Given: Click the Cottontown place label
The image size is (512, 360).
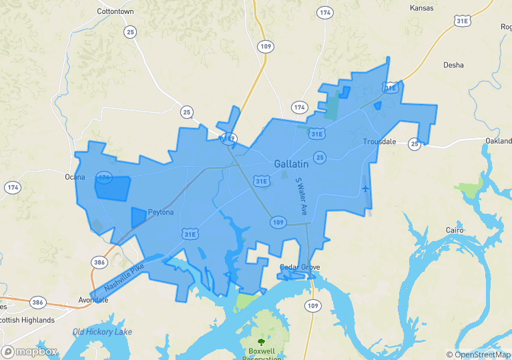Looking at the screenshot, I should tap(115, 12).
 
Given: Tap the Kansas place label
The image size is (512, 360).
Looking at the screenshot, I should tap(421, 8).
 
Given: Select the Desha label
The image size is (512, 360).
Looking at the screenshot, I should tap(453, 65).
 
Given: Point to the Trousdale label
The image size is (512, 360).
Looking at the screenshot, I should tap(379, 142).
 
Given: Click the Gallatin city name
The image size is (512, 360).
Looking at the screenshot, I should tap(291, 164).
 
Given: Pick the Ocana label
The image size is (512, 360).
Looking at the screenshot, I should tap(75, 177).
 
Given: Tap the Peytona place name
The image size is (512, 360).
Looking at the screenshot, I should tap(161, 212).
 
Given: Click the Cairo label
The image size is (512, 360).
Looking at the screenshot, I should tap(455, 230).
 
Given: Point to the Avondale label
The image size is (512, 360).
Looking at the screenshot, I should tap(93, 300).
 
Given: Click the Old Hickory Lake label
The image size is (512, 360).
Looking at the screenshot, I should tap(102, 332).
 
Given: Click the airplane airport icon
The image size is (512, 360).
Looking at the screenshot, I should tap(364, 188).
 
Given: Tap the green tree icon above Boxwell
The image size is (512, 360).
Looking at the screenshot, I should tap(261, 342).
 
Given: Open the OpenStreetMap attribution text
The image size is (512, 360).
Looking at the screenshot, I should tap(479, 354).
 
